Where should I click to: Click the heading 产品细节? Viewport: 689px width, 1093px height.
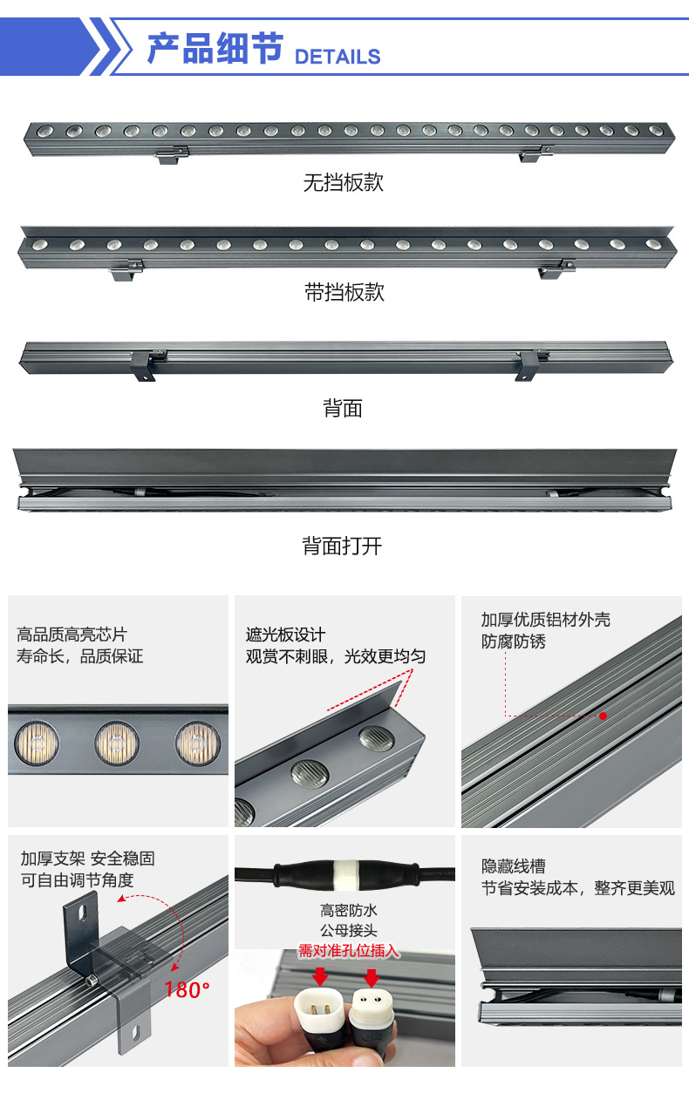[x=215, y=48]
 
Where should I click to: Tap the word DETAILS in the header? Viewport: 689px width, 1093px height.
[x=338, y=57]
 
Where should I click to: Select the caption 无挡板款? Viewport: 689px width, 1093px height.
[x=343, y=183]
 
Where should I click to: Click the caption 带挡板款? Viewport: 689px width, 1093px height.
[x=344, y=292]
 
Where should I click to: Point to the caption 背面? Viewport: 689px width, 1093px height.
[x=343, y=408]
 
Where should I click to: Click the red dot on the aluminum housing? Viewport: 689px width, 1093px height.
[x=603, y=716]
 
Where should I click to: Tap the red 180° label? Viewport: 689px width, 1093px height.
[x=187, y=989]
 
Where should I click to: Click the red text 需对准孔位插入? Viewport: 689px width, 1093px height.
[x=349, y=950]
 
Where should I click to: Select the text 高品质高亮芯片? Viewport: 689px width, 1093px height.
[x=72, y=635]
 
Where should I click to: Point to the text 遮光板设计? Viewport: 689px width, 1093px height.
[x=285, y=635]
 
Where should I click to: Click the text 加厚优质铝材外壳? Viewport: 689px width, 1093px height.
[x=546, y=620]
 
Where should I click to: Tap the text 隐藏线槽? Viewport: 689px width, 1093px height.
[x=514, y=866]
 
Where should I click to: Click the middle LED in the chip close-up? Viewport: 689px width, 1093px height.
[x=117, y=742]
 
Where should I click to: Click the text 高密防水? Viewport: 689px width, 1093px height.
[x=349, y=910]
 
